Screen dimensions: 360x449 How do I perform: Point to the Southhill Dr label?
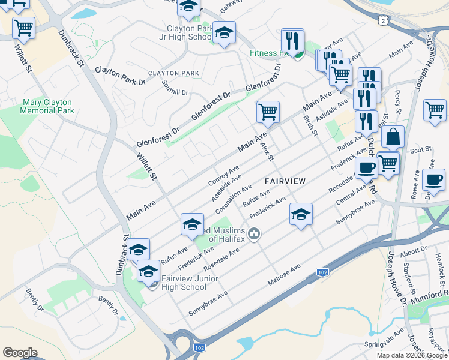pyautogui.click(x=175, y=88)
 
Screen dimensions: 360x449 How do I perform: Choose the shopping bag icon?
pyautogui.click(x=393, y=137)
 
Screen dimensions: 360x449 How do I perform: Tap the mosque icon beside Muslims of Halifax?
pyautogui.click(x=254, y=233)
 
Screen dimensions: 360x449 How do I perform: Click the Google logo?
pyautogui.click(x=20, y=353)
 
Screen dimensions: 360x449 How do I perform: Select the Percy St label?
pyautogui.click(x=397, y=101)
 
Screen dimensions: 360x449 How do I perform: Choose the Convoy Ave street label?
pyautogui.click(x=223, y=175)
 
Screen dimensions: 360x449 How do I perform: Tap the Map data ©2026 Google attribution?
pyautogui.click(x=412, y=355)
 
